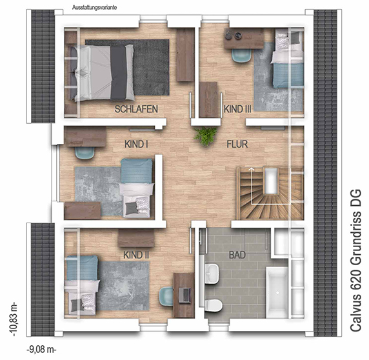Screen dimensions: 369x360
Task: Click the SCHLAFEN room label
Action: coord(136,109)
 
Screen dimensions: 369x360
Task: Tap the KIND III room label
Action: coord(237,109)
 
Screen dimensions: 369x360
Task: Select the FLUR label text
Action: coord(237,145)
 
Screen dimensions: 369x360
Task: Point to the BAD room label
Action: coord(237,255)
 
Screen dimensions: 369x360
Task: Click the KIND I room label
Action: coord(136,145)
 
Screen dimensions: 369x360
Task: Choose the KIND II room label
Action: coord(136,255)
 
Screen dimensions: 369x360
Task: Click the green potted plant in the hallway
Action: coord(205,136)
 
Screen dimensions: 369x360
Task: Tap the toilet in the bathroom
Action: coord(213,305)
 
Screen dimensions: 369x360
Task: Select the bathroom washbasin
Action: coord(211,274)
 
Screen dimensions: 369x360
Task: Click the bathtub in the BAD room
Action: coord(277,292)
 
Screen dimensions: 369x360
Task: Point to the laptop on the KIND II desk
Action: coord(184,295)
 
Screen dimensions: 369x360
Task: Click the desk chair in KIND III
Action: coord(241,56)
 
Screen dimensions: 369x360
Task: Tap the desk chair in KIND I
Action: coord(85,153)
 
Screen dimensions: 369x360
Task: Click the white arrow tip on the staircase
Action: coord(252,168)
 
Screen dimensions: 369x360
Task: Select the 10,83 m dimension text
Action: coord(14,320)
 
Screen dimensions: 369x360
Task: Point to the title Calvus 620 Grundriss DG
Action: coord(355,260)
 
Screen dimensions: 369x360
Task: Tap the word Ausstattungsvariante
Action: coord(94,8)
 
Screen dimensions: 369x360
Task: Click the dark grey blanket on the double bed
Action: coord(119,73)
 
